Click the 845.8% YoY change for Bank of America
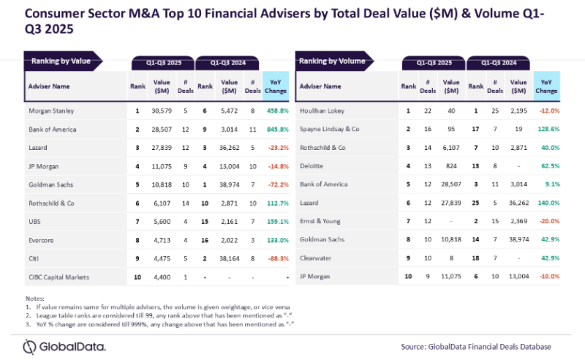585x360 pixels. [275, 130]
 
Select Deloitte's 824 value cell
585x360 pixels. [451, 166]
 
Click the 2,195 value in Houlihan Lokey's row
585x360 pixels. [518, 110]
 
